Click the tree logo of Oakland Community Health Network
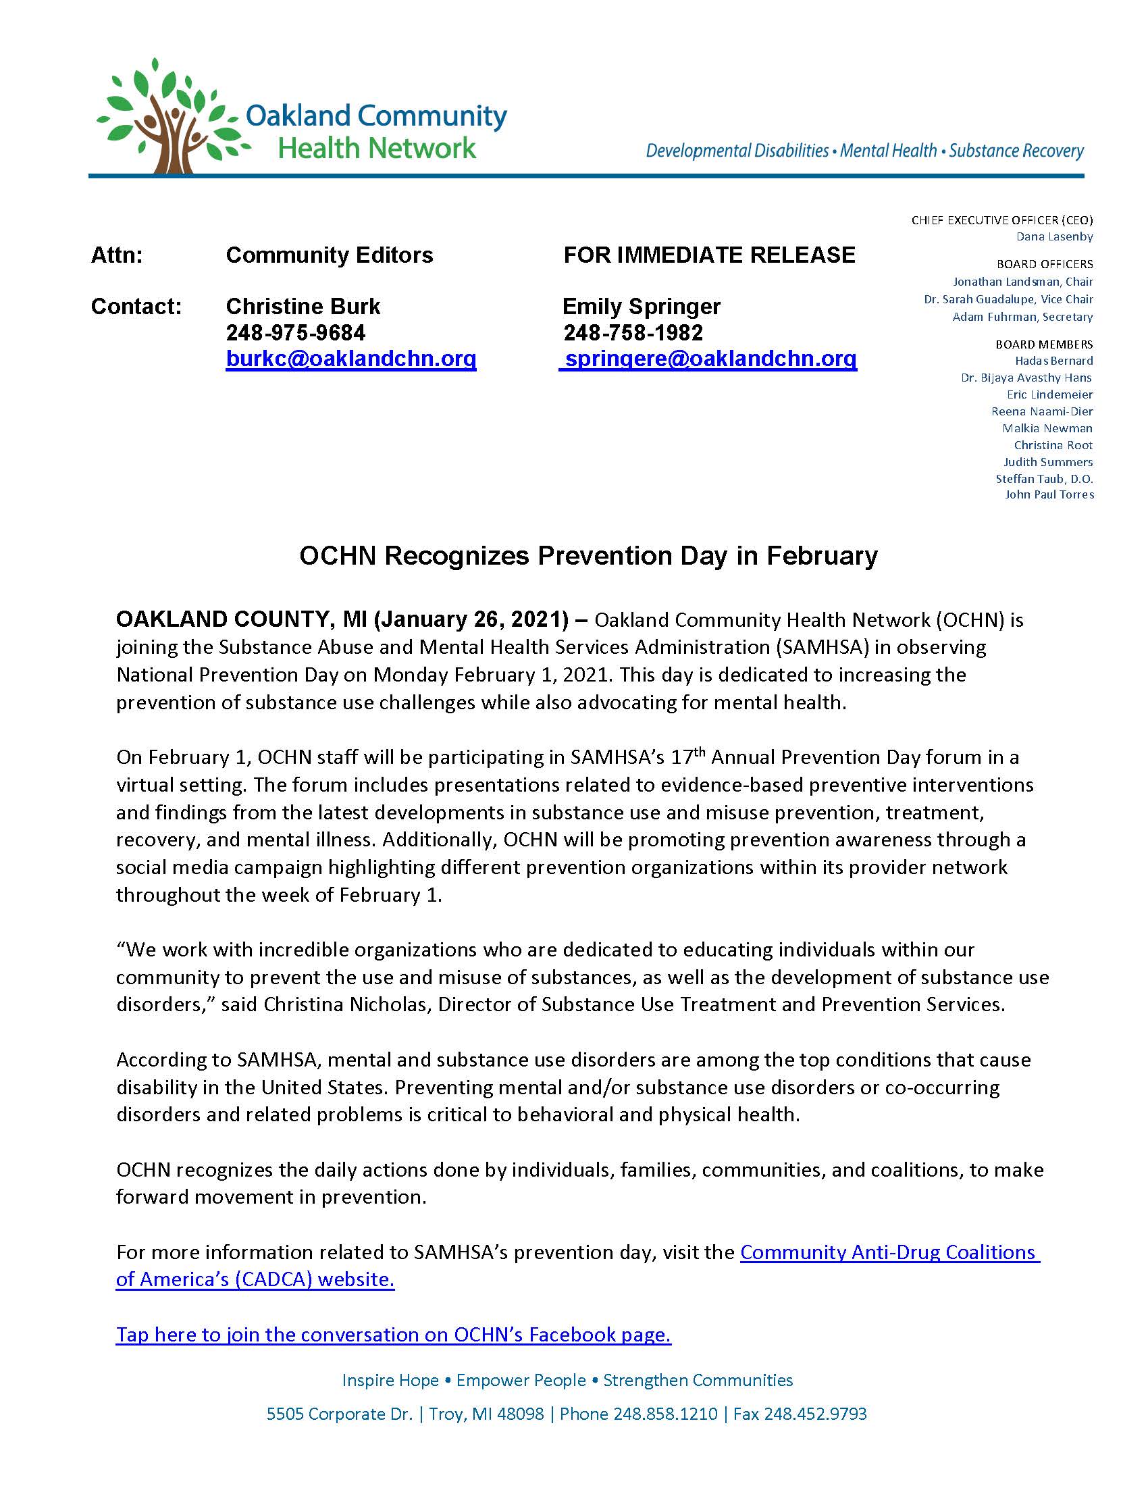pyautogui.click(x=170, y=116)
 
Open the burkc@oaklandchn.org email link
pyautogui.click(x=351, y=359)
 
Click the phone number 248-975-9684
pyautogui.click(x=295, y=333)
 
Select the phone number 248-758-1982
pyautogui.click(x=633, y=333)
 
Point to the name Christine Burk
pyautogui.click(x=303, y=307)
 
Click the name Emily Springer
pyautogui.click(x=642, y=307)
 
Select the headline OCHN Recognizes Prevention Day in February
pyautogui.click(x=588, y=556)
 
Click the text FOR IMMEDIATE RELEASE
pyautogui.click(x=709, y=255)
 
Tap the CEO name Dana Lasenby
pyautogui.click(x=1054, y=237)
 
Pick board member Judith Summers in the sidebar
pyautogui.click(x=1048, y=462)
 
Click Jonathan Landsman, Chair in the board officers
pyautogui.click(x=1023, y=282)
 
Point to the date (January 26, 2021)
pyautogui.click(x=471, y=619)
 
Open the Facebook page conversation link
pyautogui.click(x=393, y=1334)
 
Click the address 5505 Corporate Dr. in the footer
pyautogui.click(x=340, y=1414)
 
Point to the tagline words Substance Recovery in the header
pyautogui.click(x=1016, y=151)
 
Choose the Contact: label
pyautogui.click(x=136, y=307)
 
